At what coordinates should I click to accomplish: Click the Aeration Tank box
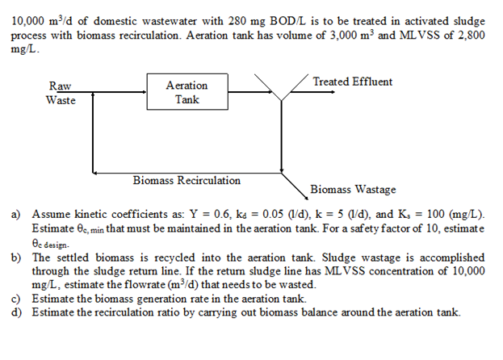(x=186, y=92)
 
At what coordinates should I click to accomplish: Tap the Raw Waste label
(x=60, y=93)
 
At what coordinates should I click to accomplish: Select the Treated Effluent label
(x=352, y=82)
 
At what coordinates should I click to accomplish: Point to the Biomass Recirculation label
(x=187, y=180)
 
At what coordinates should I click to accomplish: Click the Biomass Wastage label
(x=353, y=190)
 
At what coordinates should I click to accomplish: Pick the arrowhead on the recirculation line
(x=97, y=171)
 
